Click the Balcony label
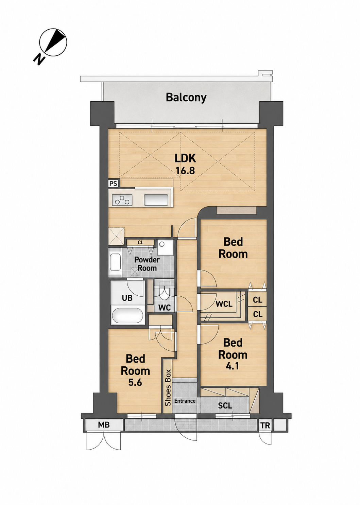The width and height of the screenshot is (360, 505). point(186,98)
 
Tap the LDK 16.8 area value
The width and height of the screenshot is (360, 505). point(185,171)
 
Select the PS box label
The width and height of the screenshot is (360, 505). point(113,184)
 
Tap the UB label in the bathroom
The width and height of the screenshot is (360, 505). point(127,298)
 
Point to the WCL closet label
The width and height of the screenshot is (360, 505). point(224,304)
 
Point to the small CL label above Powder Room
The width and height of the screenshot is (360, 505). point(140,243)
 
